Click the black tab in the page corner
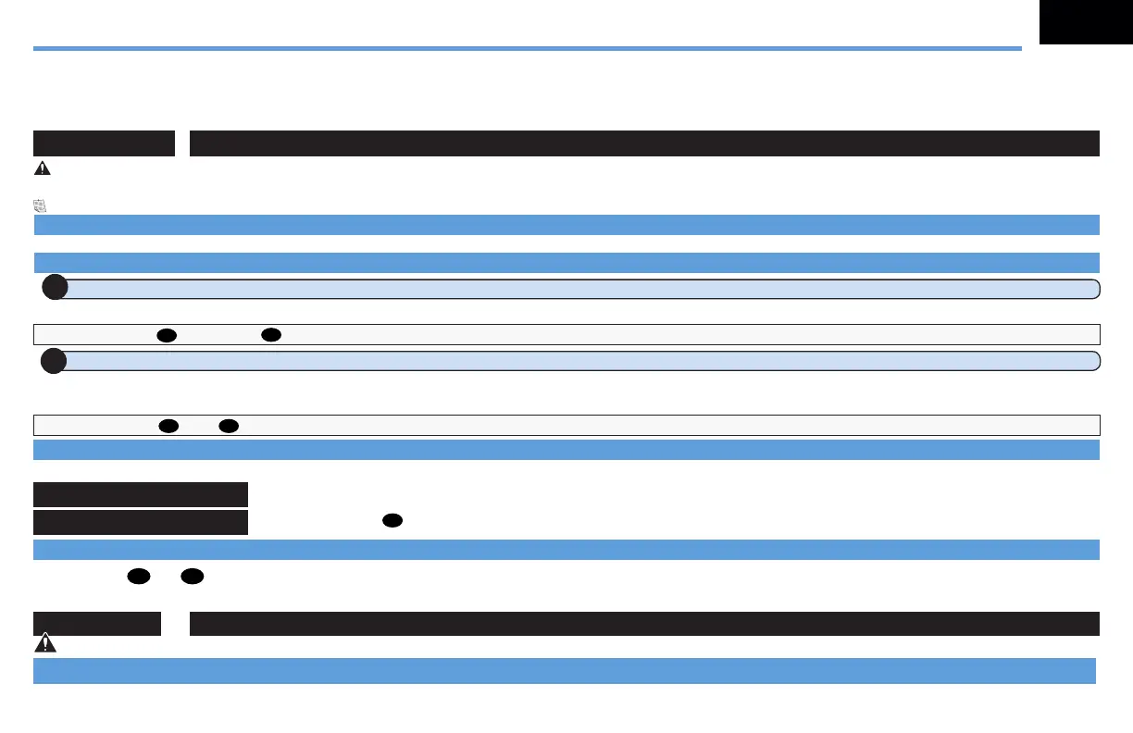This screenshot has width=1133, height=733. [x=1086, y=22]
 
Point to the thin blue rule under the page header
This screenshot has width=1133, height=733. [x=528, y=48]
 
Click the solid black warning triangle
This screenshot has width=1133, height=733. [x=42, y=169]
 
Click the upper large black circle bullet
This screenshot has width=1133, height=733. [x=55, y=288]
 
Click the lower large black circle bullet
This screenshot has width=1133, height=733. [x=55, y=360]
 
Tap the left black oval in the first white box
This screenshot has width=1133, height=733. [x=167, y=334]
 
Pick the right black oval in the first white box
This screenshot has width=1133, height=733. [x=270, y=334]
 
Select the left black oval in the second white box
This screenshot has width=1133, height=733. [x=168, y=425]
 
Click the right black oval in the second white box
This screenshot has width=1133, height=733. [x=230, y=425]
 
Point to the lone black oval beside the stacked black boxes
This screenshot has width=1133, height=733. [x=392, y=522]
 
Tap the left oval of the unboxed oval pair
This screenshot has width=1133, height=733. [x=139, y=577]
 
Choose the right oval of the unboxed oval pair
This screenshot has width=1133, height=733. [x=193, y=577]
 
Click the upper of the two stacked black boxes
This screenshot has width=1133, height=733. [x=141, y=494]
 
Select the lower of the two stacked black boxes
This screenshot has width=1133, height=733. [x=141, y=522]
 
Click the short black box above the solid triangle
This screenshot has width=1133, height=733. [x=105, y=143]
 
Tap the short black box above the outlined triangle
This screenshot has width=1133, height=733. [x=97, y=623]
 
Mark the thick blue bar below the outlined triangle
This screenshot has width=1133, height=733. [x=565, y=671]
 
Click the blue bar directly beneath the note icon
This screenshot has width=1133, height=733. [x=566, y=225]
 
